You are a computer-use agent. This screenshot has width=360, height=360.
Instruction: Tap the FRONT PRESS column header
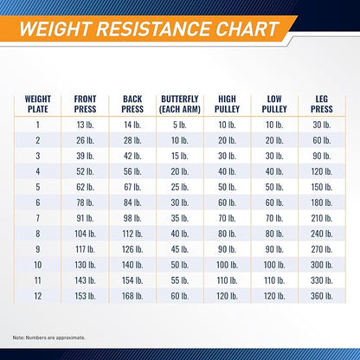(85, 104)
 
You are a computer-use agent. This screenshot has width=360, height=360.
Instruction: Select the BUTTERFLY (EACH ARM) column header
(180, 104)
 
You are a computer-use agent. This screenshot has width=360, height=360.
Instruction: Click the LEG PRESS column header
(322, 104)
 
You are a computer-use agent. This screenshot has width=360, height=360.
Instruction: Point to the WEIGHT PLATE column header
(38, 104)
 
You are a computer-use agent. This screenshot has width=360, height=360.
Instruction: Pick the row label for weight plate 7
(38, 218)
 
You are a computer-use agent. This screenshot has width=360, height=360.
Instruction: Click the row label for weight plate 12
(38, 296)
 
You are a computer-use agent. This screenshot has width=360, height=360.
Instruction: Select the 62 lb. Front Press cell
(85, 187)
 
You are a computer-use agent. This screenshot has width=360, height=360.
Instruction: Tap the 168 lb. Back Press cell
(132, 296)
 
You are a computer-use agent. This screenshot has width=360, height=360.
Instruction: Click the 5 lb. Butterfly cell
(180, 125)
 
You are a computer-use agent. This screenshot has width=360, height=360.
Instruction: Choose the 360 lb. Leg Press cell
(322, 296)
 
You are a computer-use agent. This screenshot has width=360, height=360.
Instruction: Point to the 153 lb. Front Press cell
(85, 296)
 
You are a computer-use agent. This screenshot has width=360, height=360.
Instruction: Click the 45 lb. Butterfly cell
(180, 249)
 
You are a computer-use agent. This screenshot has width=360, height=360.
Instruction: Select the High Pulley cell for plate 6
(227, 202)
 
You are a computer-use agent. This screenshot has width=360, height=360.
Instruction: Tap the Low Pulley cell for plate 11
(274, 280)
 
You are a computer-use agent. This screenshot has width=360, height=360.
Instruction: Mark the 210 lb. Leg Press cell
(322, 218)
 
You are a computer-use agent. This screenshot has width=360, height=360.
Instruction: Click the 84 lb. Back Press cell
(132, 202)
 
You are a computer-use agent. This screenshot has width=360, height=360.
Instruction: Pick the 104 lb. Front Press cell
(85, 234)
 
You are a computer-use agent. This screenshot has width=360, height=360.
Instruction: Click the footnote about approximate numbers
(48, 337)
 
